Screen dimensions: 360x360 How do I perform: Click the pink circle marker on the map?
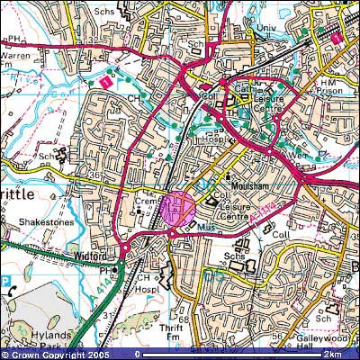pos(177,208)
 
